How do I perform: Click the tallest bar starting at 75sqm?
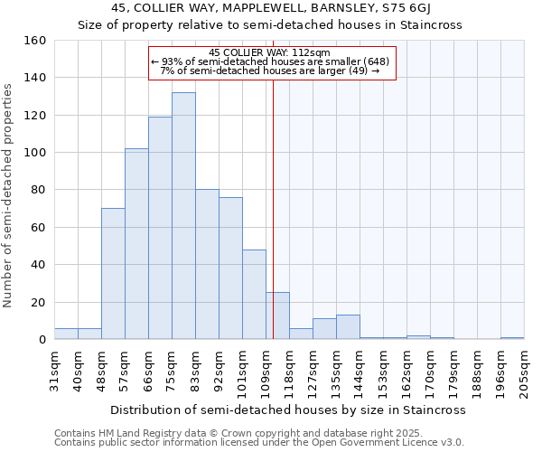tap(183, 216)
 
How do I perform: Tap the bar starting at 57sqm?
tap(136, 244)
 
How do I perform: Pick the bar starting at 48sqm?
tap(113, 274)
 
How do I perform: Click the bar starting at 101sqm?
tap(254, 295)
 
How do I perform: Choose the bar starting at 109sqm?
tap(277, 316)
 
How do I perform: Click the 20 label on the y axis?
tap(40, 303)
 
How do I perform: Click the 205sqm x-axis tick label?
tap(524, 372)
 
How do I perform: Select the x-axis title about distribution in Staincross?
tap(288, 410)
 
